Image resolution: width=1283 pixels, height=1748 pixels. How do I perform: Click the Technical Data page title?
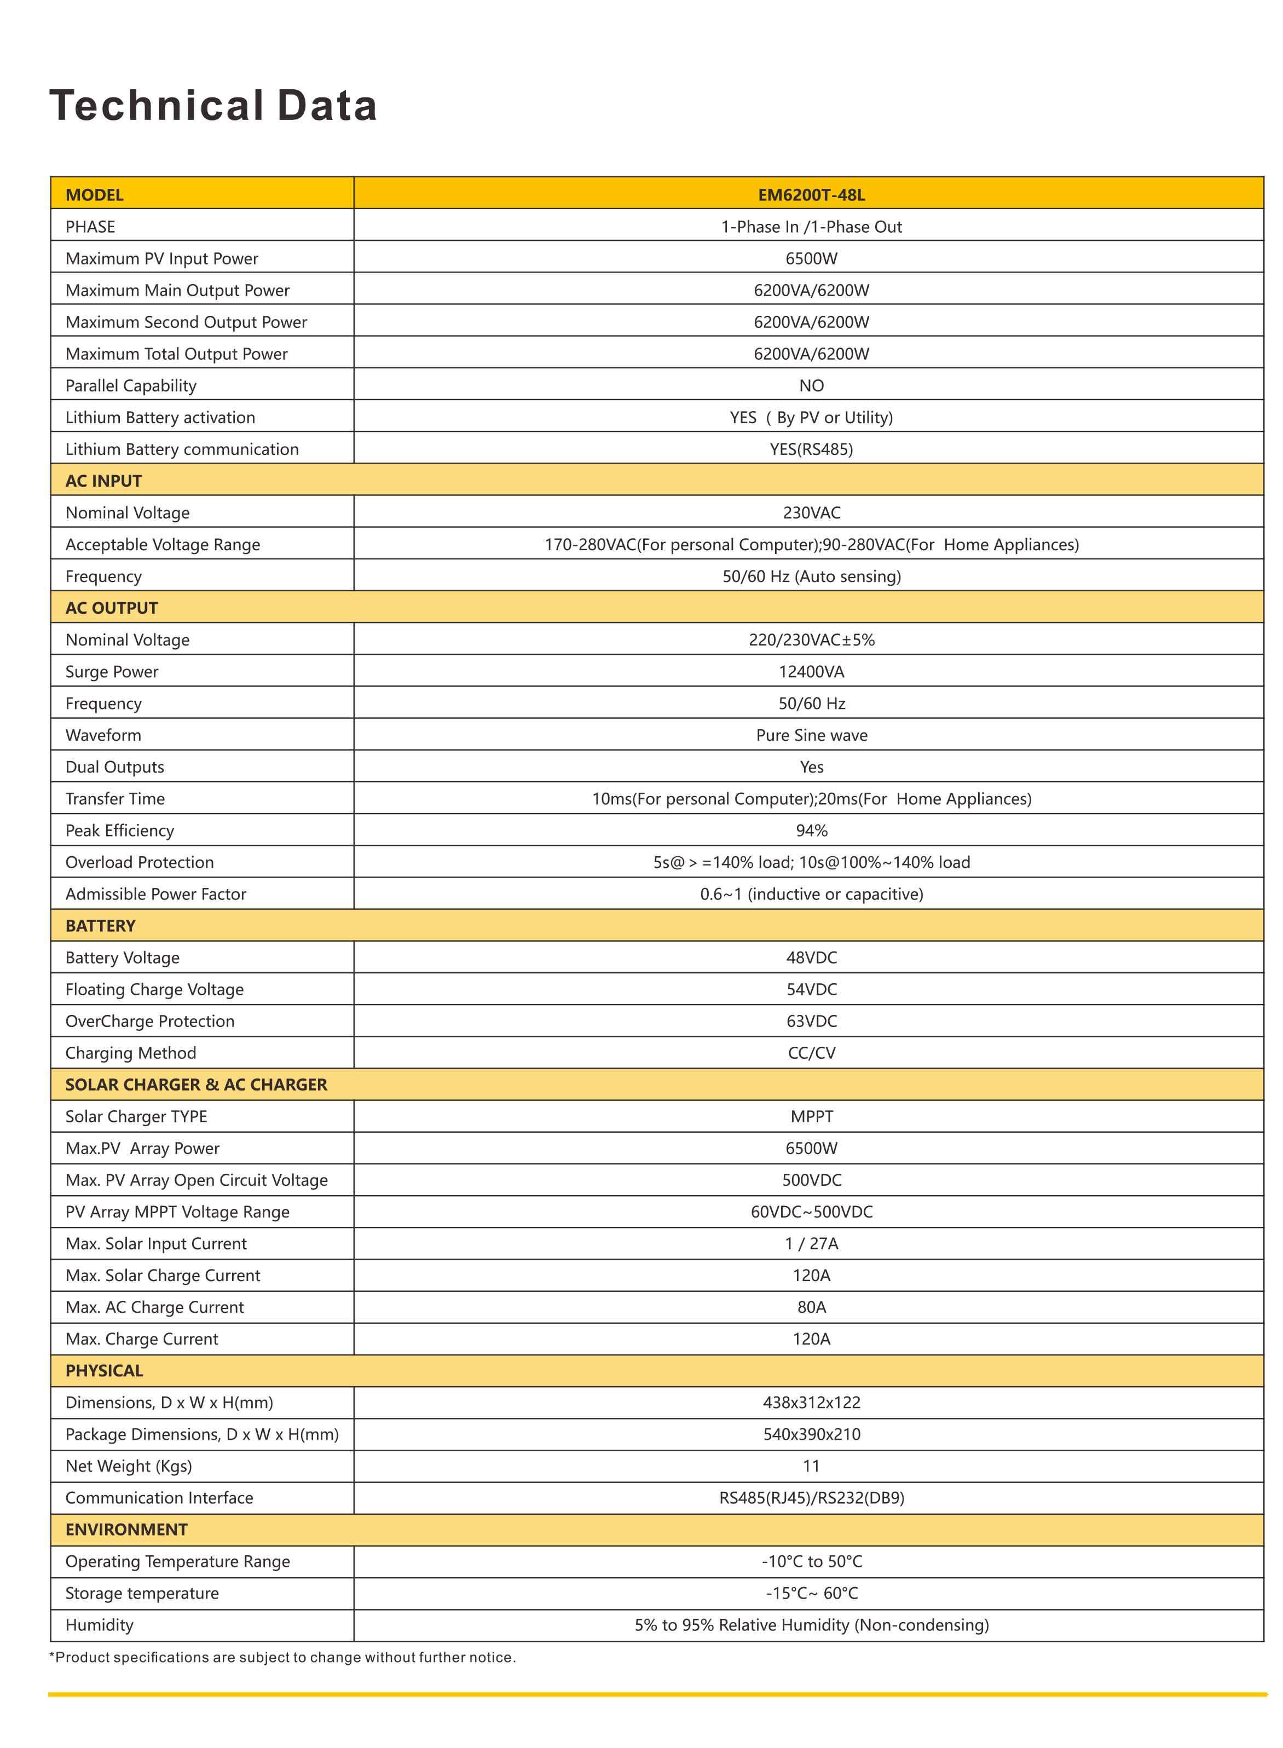[213, 106]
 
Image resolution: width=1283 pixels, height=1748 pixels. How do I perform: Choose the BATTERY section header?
[100, 926]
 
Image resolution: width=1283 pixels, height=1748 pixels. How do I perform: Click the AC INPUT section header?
[103, 481]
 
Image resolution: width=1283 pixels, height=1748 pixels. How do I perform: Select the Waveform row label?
[103, 735]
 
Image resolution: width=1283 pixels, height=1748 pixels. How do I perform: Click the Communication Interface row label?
[159, 1498]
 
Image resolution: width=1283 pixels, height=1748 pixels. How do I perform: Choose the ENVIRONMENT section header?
[126, 1530]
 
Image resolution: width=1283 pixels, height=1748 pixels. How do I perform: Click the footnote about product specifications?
[282, 1657]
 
